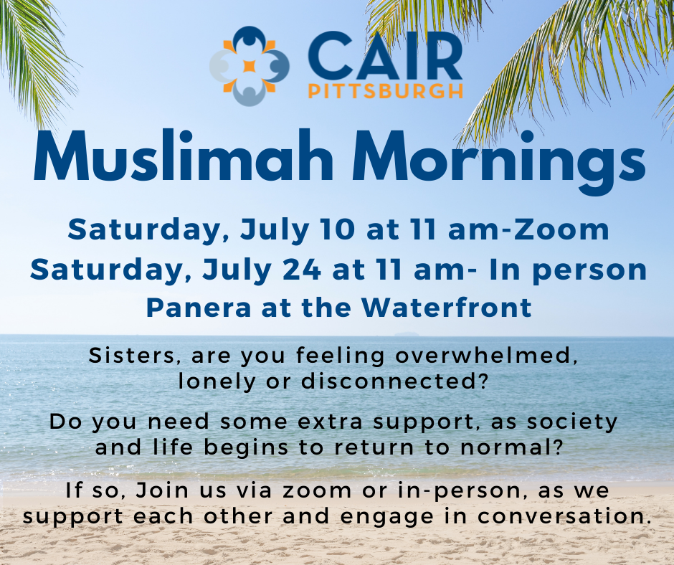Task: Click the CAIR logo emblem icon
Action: (x=250, y=66)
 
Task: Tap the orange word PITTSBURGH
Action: (x=386, y=91)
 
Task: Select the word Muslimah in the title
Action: (x=184, y=156)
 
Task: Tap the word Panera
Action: (x=199, y=308)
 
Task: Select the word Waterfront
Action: (x=446, y=308)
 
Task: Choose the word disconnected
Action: (x=395, y=381)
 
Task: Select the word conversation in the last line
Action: (x=563, y=516)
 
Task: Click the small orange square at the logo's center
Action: (x=250, y=66)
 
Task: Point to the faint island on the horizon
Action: (x=407, y=333)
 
